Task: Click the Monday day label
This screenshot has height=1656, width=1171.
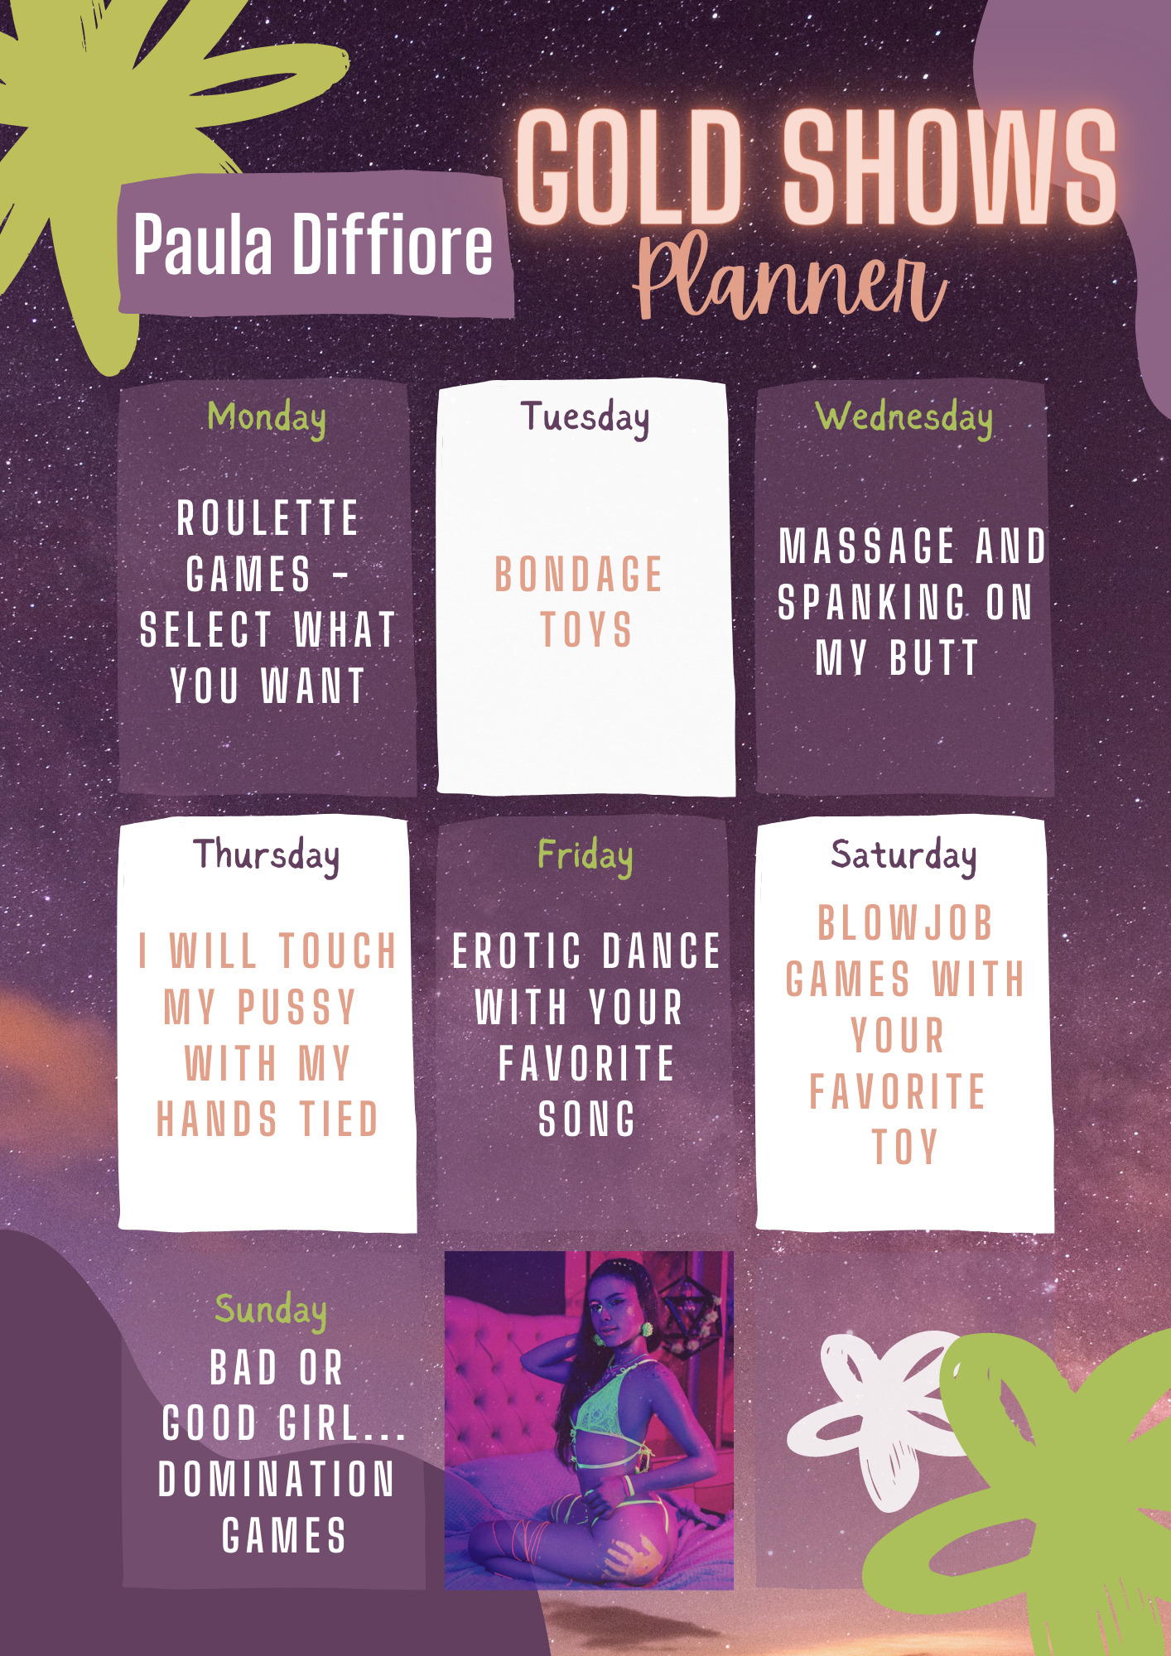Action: (266, 418)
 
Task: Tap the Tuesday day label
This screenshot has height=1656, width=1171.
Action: (585, 417)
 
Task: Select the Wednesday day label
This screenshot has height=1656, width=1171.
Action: (904, 417)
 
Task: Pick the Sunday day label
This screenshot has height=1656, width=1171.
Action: (271, 1310)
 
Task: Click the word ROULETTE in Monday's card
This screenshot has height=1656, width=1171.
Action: (267, 518)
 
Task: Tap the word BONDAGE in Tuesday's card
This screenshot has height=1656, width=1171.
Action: (579, 575)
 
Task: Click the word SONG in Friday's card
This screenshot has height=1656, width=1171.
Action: (586, 1119)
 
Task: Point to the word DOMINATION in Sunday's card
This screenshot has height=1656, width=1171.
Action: (277, 1479)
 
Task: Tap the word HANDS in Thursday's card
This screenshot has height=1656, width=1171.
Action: (217, 1119)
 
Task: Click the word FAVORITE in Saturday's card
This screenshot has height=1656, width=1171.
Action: (898, 1091)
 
